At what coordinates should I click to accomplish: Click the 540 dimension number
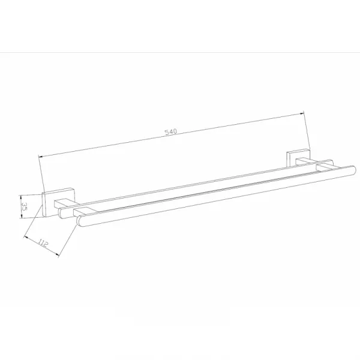tap(171, 132)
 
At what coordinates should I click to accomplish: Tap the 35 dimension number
tap(25, 206)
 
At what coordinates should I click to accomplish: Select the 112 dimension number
tap(43, 242)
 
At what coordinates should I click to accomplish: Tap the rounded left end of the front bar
tap(79, 221)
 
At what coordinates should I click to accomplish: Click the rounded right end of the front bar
tap(353, 170)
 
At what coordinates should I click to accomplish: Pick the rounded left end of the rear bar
tap(61, 213)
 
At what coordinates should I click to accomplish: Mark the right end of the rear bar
tap(331, 161)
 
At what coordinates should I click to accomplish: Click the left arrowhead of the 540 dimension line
tap(41, 157)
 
